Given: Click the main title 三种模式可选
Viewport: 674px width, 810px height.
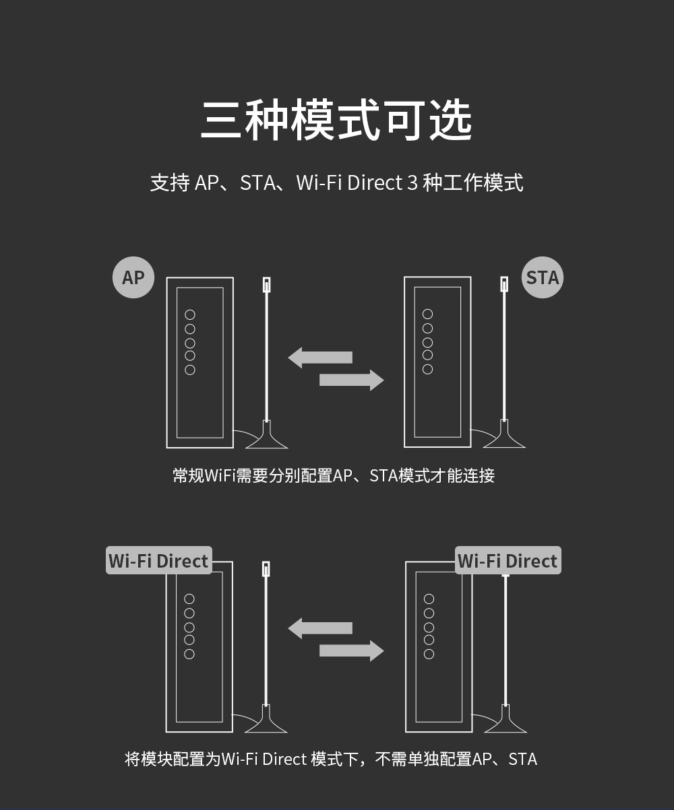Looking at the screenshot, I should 336,121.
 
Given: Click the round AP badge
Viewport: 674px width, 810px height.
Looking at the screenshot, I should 133,277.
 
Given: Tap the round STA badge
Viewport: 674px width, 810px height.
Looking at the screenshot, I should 543,277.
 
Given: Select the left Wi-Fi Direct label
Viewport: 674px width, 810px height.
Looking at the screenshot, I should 159,561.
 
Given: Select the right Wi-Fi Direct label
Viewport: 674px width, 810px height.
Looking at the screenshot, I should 508,561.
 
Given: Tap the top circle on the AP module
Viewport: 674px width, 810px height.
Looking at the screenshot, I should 190,314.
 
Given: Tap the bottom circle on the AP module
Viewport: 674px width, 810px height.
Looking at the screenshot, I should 190,370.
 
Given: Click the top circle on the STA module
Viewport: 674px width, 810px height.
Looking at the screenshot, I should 427,314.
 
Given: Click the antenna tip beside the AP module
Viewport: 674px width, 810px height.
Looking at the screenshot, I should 266,284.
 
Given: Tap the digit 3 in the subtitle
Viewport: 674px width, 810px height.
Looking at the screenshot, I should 412,183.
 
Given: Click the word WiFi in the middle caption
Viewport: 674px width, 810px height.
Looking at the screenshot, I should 220,476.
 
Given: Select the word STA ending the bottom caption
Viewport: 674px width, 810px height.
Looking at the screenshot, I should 523,760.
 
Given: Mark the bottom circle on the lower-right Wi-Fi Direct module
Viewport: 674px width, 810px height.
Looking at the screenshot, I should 429,654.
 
